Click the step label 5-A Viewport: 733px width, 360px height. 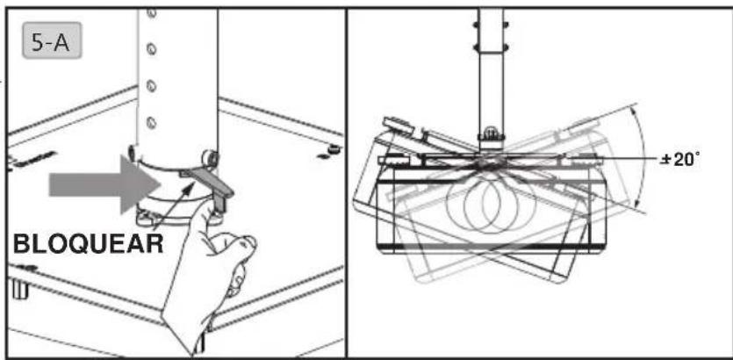(x=52, y=40)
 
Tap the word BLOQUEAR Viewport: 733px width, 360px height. (x=89, y=244)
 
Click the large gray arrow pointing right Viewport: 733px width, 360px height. (x=104, y=184)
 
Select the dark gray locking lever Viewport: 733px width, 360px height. (x=209, y=184)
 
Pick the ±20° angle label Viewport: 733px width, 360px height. (x=680, y=160)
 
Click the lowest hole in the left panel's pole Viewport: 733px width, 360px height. (x=151, y=123)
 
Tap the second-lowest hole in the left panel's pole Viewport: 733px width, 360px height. (x=151, y=85)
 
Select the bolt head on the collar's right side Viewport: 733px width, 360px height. (x=209, y=156)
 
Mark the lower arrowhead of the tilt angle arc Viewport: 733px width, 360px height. (x=636, y=205)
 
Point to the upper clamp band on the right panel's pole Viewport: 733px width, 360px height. (x=491, y=25)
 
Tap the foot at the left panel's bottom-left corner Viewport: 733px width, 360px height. (x=18, y=289)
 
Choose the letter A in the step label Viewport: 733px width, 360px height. (x=61, y=40)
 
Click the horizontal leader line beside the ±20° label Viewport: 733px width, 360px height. (x=628, y=159)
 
